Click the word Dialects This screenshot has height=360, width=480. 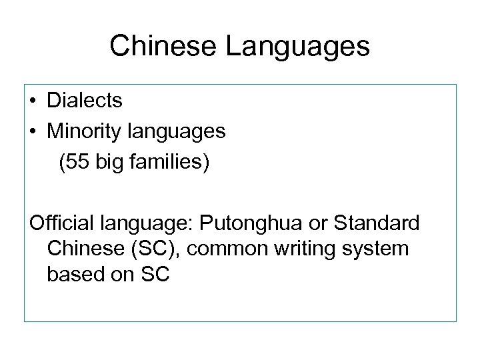(85, 101)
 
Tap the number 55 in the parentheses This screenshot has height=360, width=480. (75, 163)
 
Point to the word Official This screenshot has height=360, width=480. (59, 223)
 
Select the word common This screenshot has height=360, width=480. (226, 249)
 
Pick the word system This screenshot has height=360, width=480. (379, 249)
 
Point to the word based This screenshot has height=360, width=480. (74, 274)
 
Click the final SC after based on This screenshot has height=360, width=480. (155, 274)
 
